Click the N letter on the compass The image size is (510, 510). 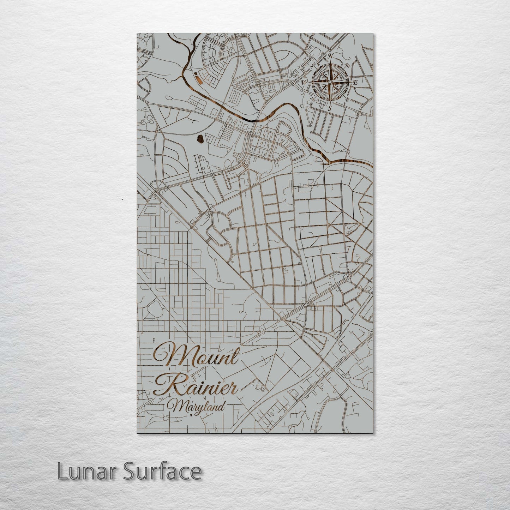pyautogui.click(x=331, y=56)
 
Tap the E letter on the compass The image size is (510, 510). pyautogui.click(x=356, y=82)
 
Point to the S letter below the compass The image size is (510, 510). pyautogui.click(x=330, y=108)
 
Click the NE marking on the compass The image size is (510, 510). pyautogui.click(x=347, y=65)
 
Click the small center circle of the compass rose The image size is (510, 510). pyautogui.click(x=330, y=82)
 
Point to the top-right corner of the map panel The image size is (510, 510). pyautogui.click(x=373, y=34)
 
